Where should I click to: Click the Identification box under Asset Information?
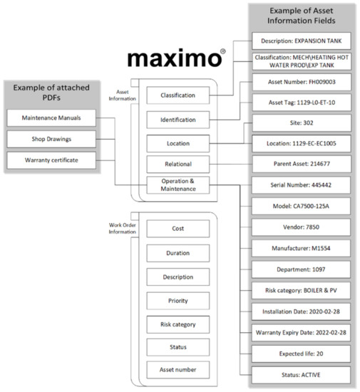178,119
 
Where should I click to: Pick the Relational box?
178,165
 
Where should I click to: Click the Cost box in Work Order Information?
178,229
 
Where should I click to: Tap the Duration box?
178,252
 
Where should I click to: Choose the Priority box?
178,300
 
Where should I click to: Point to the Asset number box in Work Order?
178,369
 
